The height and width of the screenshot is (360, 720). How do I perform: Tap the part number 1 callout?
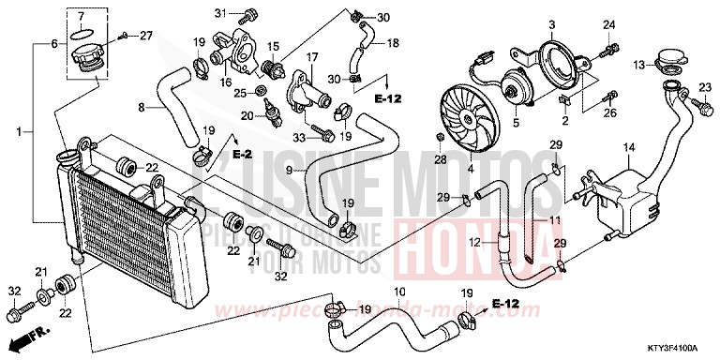tap(18, 134)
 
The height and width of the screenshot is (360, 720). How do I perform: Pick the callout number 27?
tap(145, 36)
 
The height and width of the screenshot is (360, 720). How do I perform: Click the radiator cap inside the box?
tap(90, 56)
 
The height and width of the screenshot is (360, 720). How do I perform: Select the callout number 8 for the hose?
tap(142, 108)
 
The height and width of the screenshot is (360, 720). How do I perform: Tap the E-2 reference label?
tap(242, 152)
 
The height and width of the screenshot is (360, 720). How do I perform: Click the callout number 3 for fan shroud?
tap(552, 24)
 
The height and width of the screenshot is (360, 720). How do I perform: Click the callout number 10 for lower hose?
tap(399, 292)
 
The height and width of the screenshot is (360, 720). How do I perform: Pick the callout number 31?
tap(221, 12)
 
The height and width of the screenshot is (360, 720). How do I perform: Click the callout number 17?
tap(313, 57)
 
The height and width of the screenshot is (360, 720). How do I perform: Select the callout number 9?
tap(291, 170)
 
